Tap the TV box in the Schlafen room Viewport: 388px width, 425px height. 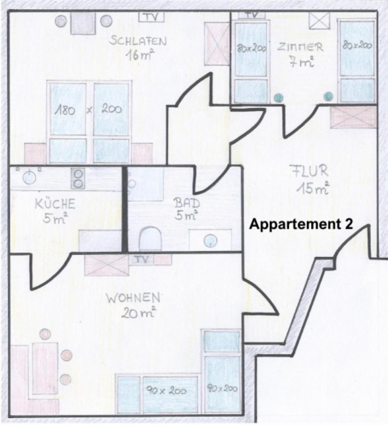(151, 17)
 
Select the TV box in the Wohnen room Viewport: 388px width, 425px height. (141, 260)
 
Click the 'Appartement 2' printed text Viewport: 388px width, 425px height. (301, 225)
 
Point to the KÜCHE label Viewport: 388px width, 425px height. (55, 204)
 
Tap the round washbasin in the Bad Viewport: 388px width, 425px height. (211, 241)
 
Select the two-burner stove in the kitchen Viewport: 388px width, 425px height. (78, 178)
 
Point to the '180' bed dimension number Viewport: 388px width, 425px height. (65, 111)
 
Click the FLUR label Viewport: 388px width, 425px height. (310, 171)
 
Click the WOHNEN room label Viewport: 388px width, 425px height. (133, 298)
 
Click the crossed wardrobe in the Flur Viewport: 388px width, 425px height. (353, 117)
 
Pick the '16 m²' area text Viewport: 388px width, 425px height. (139, 55)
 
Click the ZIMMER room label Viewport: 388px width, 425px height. (300, 47)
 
